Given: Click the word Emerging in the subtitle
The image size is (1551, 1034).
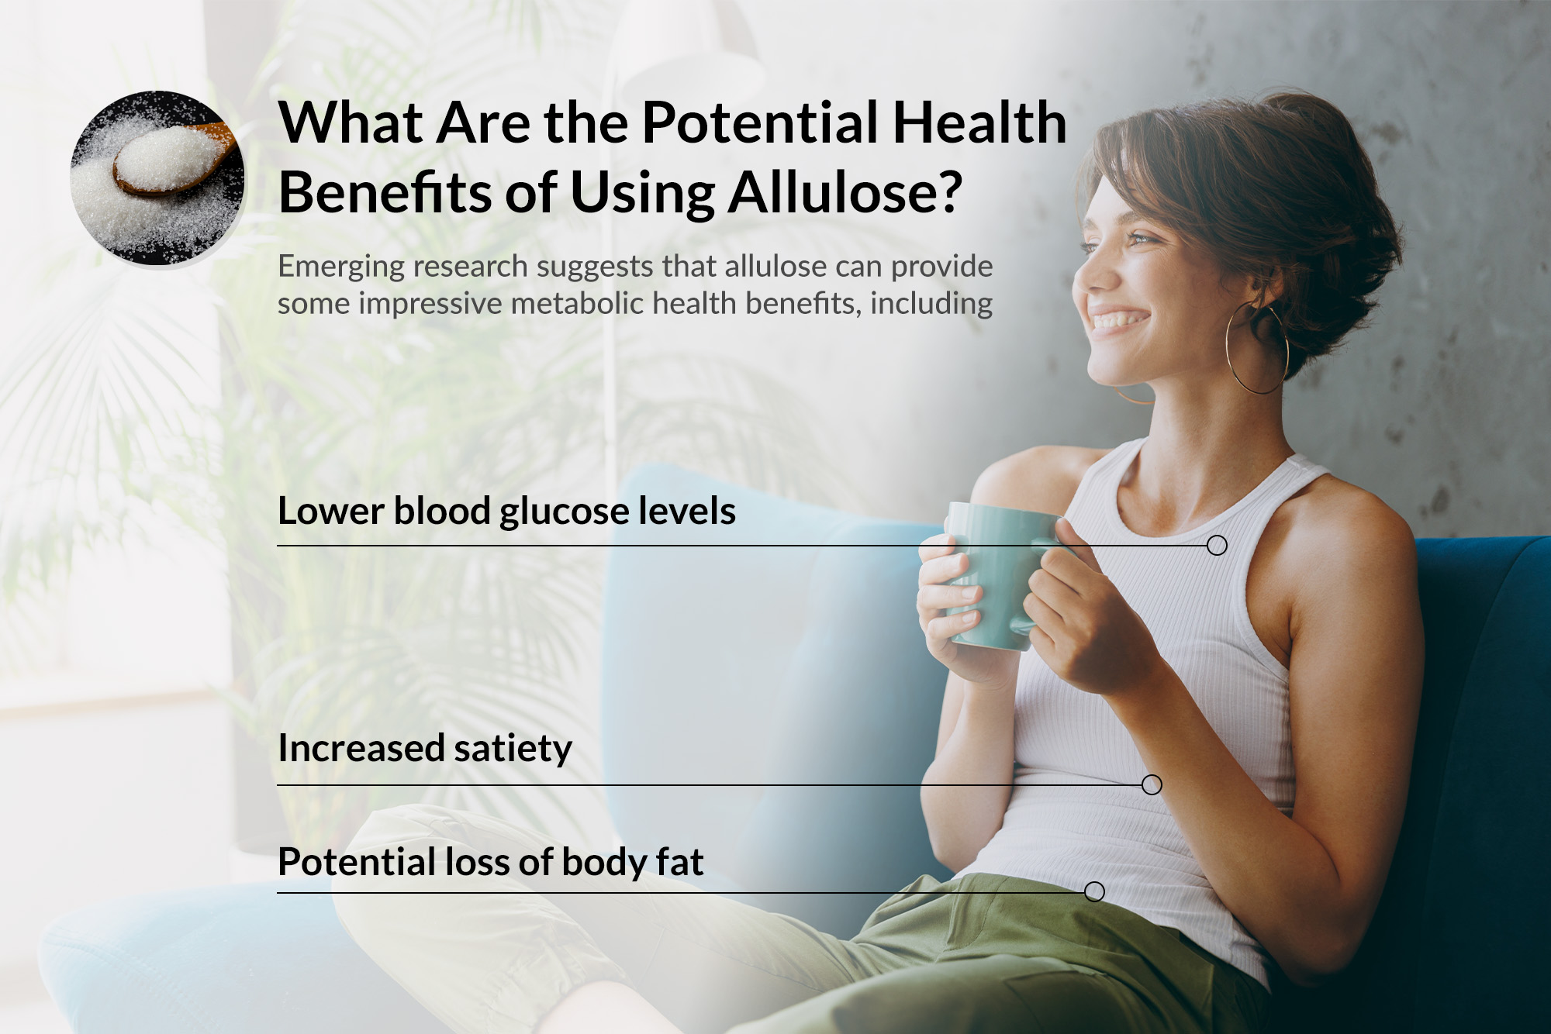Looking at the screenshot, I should [x=340, y=267].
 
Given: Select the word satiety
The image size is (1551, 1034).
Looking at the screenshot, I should [x=513, y=749].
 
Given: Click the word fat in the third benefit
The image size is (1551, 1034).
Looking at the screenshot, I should [x=680, y=862].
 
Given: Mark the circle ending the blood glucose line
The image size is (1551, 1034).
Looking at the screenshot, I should [x=1217, y=546].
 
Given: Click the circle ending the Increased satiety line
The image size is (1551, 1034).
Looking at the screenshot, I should [x=1152, y=785].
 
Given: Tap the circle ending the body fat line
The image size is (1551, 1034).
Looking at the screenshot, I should [x=1094, y=892].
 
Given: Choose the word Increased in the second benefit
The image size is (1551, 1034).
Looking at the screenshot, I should [x=361, y=749].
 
